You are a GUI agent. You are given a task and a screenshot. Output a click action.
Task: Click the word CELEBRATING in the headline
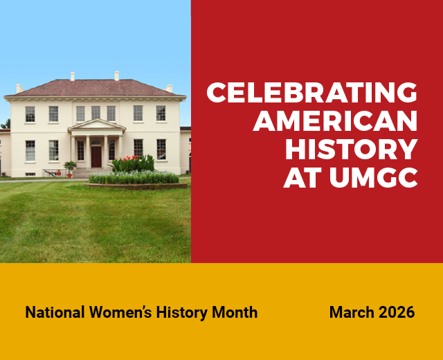point(311,92)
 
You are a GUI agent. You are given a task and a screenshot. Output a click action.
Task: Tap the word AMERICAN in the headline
point(335,121)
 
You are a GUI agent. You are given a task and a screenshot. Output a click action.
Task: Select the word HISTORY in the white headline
point(351,150)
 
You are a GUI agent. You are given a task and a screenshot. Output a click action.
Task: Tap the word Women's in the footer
point(120,313)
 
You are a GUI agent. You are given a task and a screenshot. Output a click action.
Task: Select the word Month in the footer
point(234,313)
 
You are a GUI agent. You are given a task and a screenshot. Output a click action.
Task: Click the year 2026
point(397,313)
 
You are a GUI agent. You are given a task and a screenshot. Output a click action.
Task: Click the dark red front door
point(96,156)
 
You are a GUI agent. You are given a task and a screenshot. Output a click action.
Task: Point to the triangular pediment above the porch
point(96,125)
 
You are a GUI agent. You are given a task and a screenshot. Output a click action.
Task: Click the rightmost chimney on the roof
point(170,88)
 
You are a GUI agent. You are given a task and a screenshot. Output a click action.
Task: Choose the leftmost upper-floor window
point(30,114)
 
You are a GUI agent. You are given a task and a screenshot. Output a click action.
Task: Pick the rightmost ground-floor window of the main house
point(161,149)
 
